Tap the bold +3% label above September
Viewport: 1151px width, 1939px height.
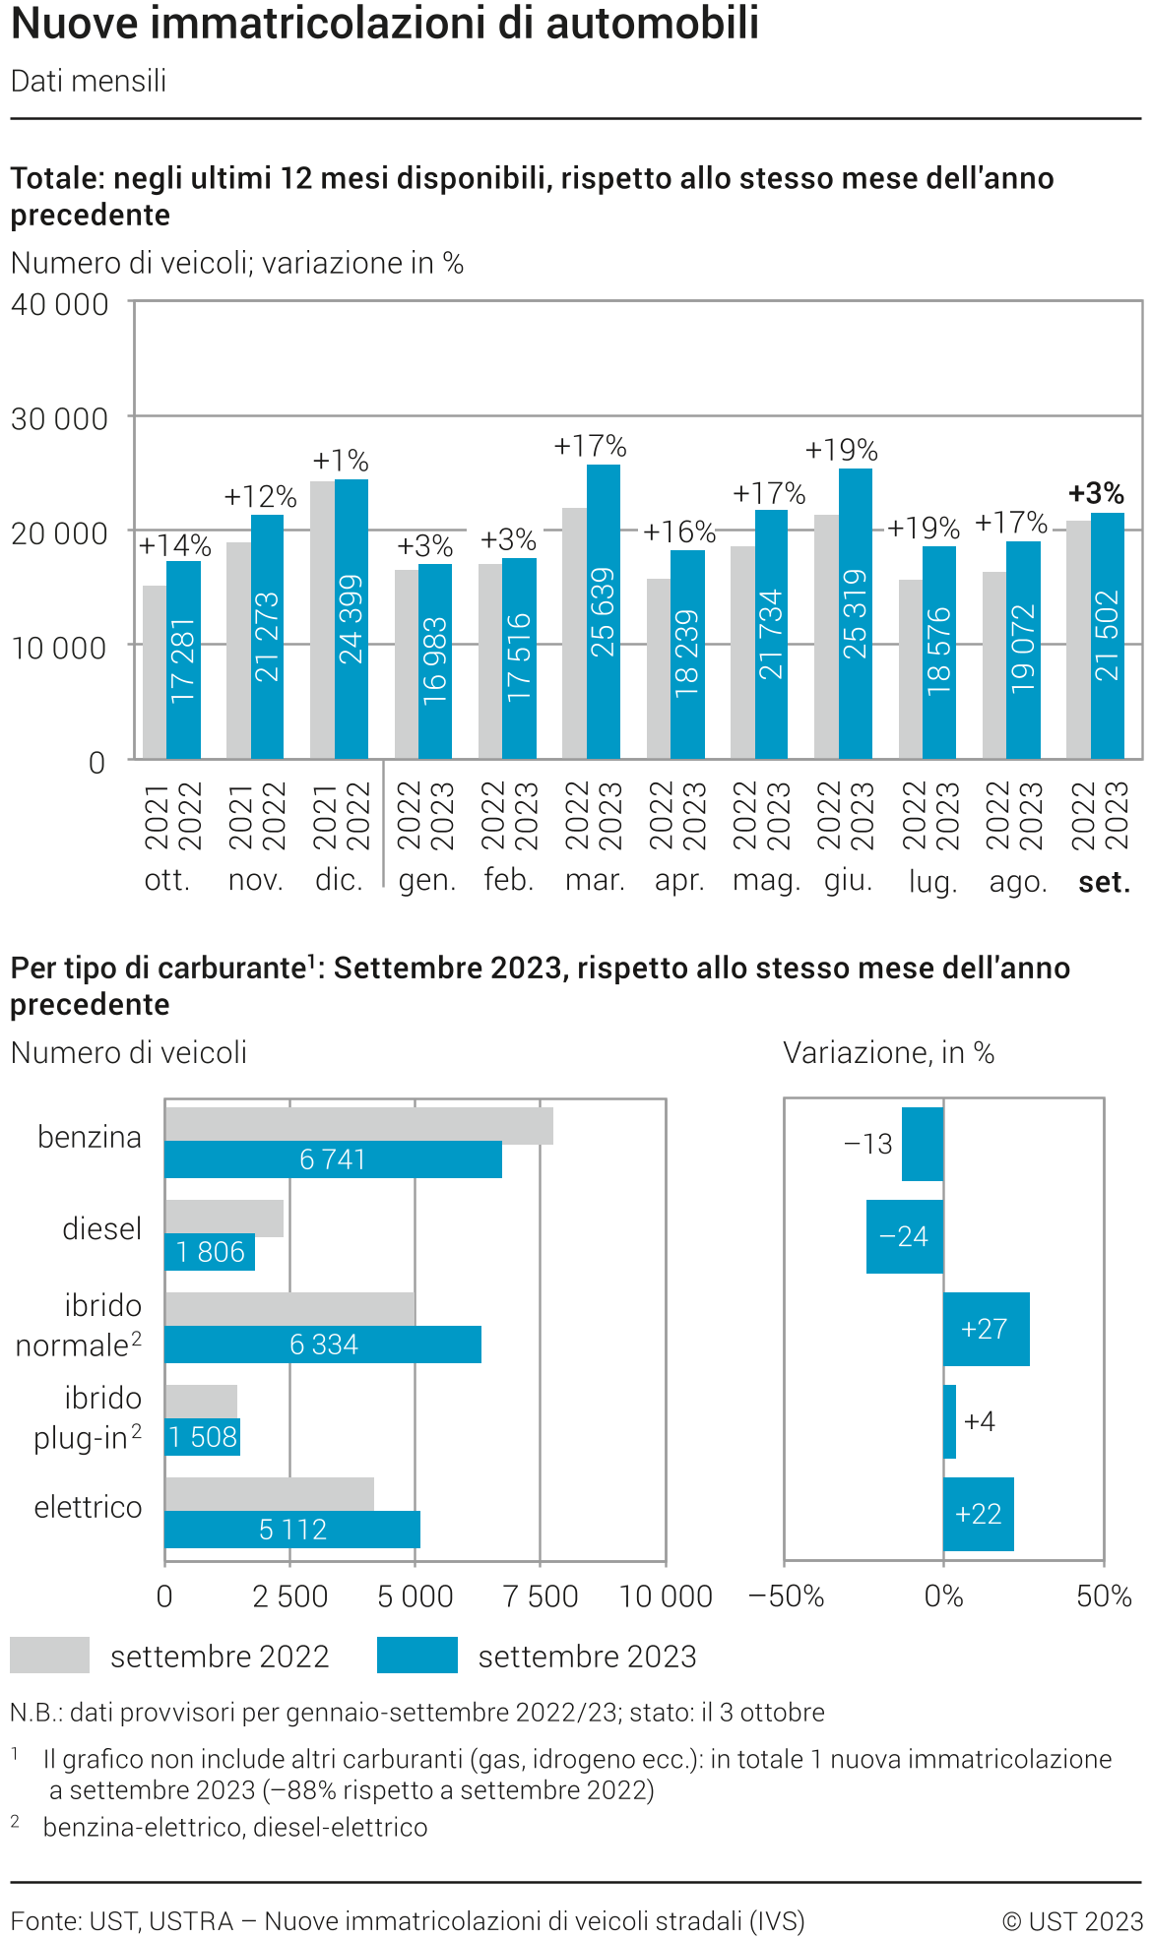(1096, 493)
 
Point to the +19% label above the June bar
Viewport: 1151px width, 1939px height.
(841, 450)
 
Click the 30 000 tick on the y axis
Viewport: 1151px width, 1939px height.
(59, 419)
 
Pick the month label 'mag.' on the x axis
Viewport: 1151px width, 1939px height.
(766, 880)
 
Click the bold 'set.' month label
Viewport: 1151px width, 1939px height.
(1104, 882)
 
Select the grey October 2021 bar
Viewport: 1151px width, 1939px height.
(155, 671)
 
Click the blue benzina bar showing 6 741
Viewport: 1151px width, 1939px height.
(333, 1159)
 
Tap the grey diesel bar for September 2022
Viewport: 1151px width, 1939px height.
(224, 1218)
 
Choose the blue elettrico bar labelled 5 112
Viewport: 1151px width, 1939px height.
(292, 1529)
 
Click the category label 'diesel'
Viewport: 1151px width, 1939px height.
(101, 1228)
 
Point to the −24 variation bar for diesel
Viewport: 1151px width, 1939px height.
(904, 1236)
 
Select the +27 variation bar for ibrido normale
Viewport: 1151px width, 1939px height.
(986, 1329)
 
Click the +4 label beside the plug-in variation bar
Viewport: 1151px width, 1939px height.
(980, 1421)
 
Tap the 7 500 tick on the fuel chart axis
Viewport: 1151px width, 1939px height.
(540, 1595)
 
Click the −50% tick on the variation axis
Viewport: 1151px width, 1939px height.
(787, 1595)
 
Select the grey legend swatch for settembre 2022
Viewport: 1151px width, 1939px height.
(49, 1655)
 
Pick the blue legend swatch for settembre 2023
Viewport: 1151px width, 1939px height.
(416, 1655)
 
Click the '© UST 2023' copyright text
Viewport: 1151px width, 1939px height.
(1072, 1921)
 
